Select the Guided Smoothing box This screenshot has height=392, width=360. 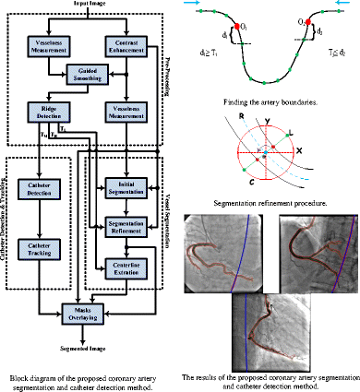[83, 79]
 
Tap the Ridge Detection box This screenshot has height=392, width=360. [42, 115]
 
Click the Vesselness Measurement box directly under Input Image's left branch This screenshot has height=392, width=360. [42, 44]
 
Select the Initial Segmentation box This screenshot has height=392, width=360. [125, 190]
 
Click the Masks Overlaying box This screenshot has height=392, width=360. [83, 310]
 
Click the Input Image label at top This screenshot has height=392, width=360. [83, 5]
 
